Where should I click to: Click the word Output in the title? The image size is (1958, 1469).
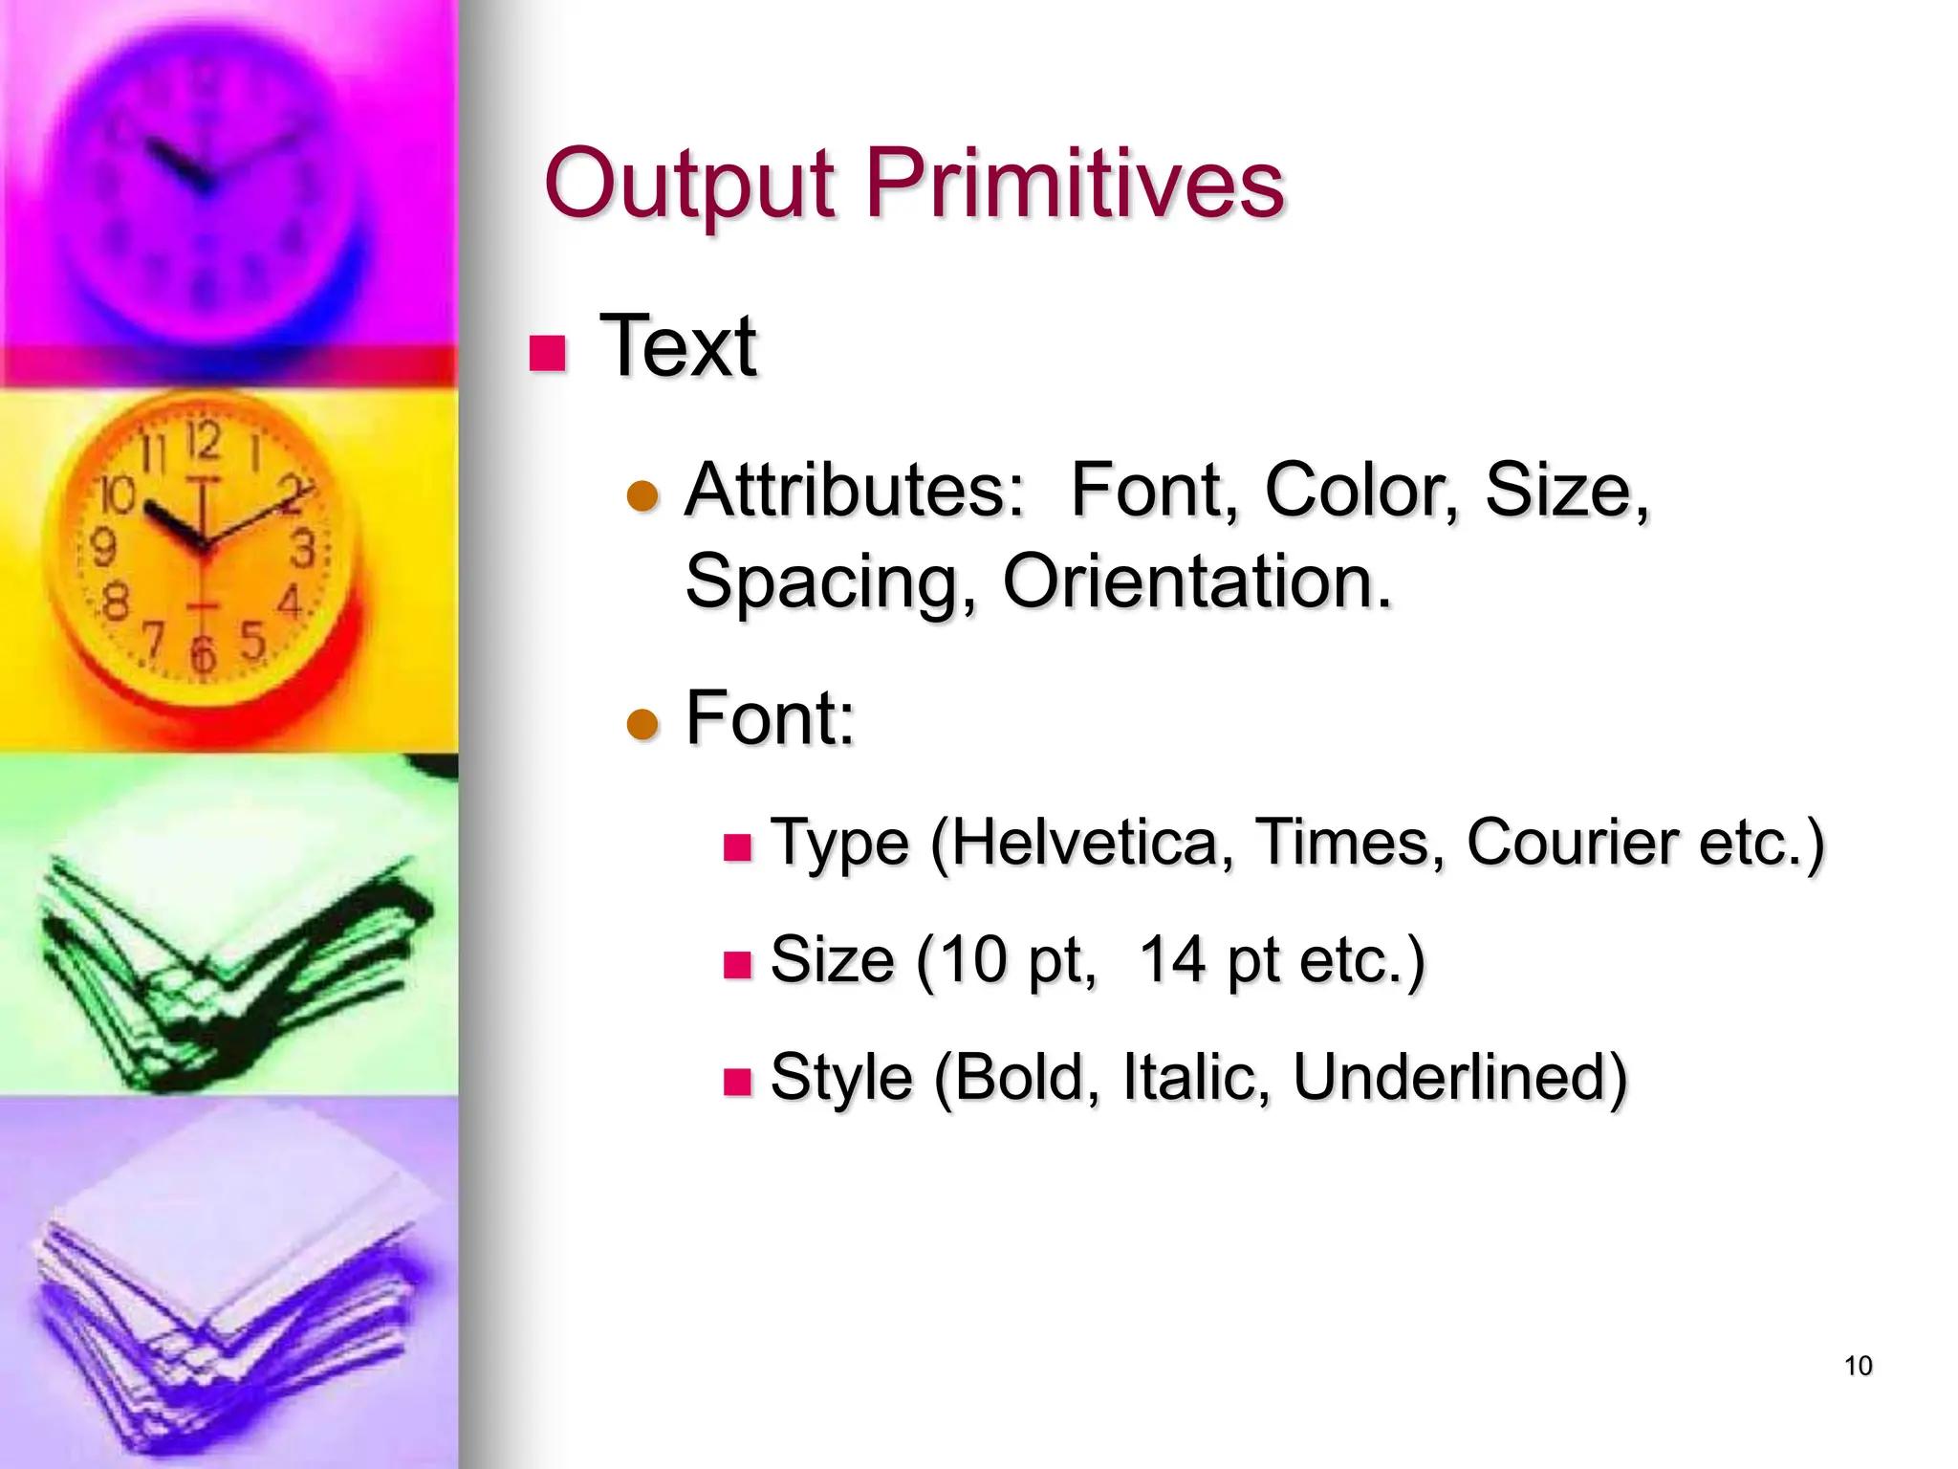pyautogui.click(x=688, y=184)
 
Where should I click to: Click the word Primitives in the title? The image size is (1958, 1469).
pyautogui.click(x=1075, y=184)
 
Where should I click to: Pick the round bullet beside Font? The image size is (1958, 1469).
pyautogui.click(x=642, y=724)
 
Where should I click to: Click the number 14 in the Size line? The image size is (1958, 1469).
pyautogui.click(x=1172, y=959)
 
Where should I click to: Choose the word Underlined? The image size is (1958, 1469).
pyautogui.click(x=1459, y=1077)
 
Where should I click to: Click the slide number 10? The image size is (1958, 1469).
pyautogui.click(x=1858, y=1366)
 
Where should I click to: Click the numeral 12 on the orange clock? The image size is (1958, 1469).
pyautogui.click(x=203, y=441)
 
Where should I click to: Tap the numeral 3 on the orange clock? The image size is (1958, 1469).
pyautogui.click(x=303, y=550)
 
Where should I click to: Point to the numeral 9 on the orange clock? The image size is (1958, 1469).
pyautogui.click(x=103, y=548)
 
